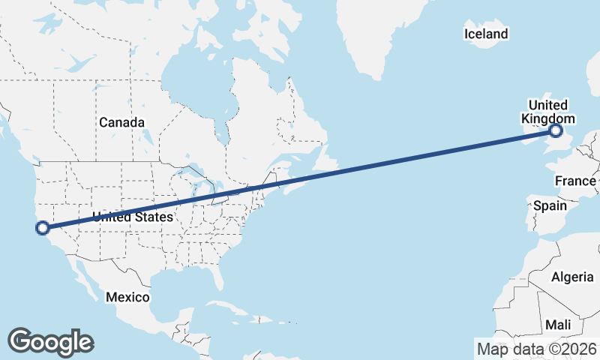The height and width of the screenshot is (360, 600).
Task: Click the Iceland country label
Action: [486, 34]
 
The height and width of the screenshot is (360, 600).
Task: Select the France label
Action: [575, 181]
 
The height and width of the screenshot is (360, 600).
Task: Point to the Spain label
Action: [549, 205]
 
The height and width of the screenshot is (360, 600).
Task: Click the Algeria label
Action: [572, 277]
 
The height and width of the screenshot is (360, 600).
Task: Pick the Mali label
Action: [558, 325]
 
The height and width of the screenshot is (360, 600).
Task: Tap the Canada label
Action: [121, 122]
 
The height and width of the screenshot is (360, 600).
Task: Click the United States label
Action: [133, 217]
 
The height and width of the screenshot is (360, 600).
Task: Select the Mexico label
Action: [127, 297]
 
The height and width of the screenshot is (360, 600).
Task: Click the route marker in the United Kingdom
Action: [555, 131]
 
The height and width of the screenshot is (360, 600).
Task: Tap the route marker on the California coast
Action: [43, 227]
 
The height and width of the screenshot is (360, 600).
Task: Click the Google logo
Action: [50, 342]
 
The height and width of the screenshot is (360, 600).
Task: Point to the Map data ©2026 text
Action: [536, 349]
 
